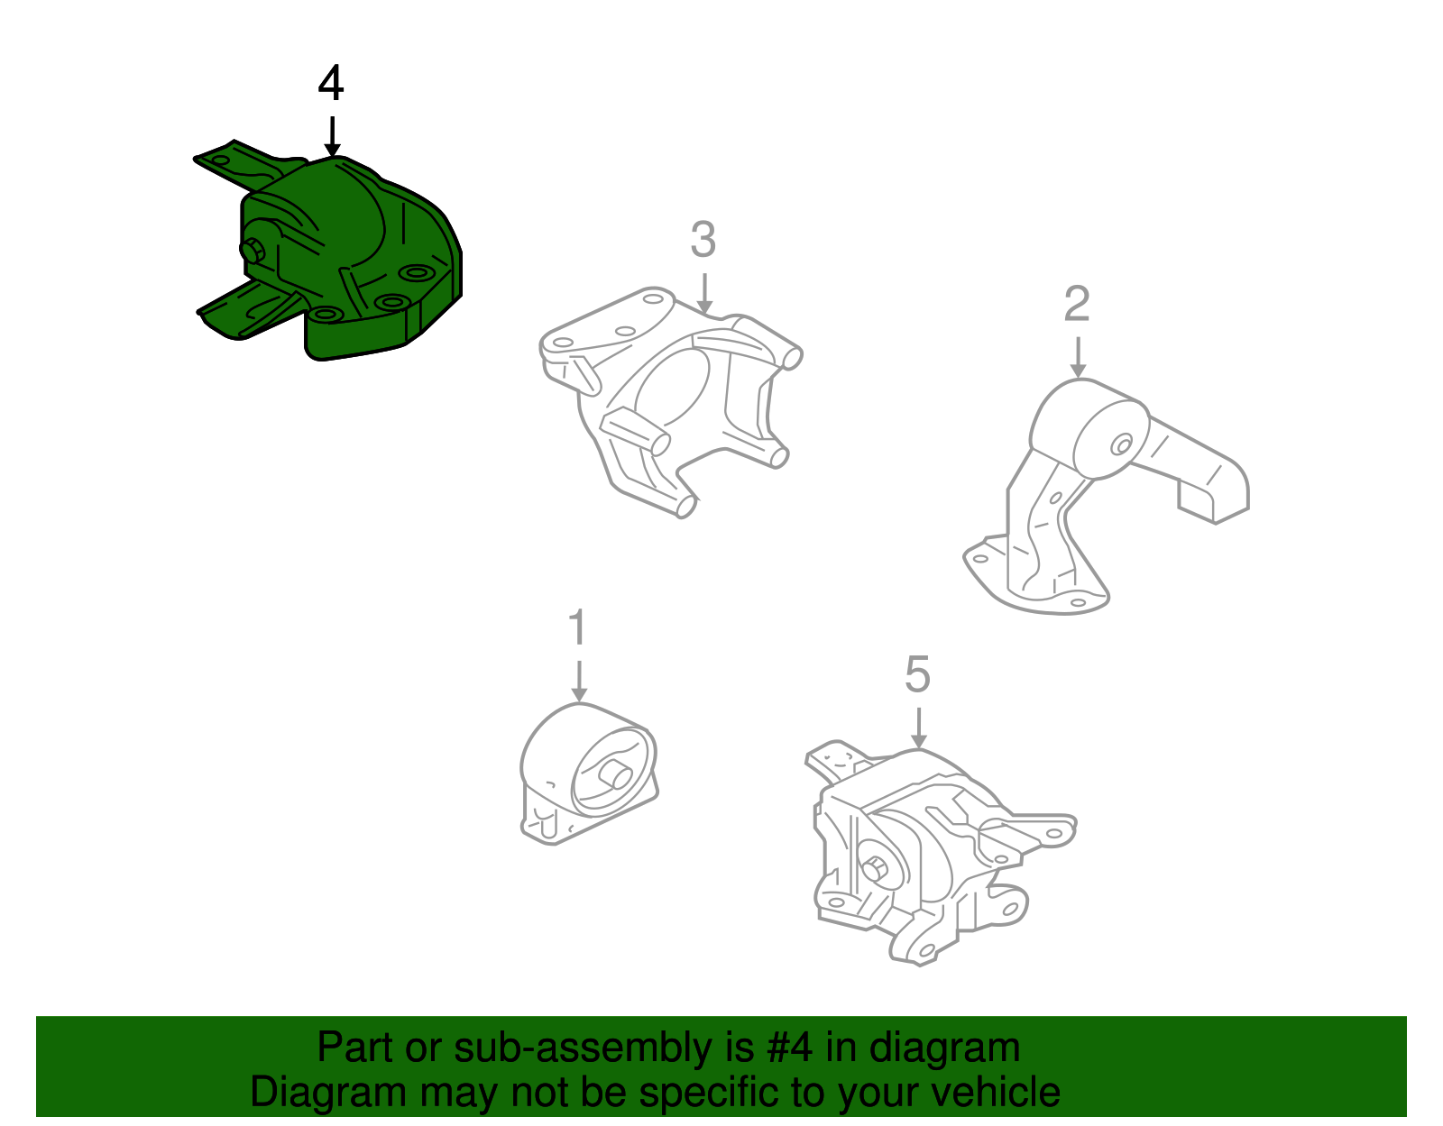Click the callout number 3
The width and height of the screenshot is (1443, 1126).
(703, 241)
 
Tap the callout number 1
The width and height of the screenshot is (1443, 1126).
(577, 627)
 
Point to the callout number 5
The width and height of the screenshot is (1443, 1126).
(917, 675)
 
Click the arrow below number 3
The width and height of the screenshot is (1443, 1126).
(703, 294)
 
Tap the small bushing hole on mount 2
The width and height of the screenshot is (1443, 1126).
(1122, 444)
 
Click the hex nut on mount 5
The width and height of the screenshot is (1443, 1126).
(873, 869)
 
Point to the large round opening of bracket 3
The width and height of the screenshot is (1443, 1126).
(672, 388)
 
